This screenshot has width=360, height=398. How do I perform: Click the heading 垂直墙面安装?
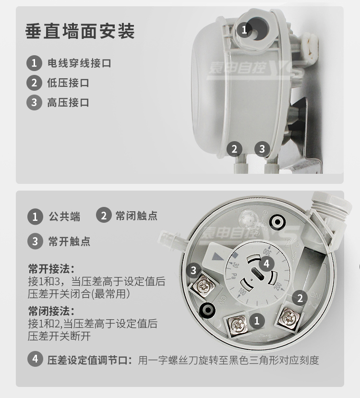coord(80,32)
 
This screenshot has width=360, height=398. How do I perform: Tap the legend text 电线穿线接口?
coord(79,63)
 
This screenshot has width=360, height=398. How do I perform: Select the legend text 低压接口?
coord(68,83)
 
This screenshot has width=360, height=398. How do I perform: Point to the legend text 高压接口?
coord(68,103)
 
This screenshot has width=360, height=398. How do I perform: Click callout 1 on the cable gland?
coord(244,30)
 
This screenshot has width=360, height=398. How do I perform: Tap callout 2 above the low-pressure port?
coord(234,149)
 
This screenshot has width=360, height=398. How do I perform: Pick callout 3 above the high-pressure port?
coord(263,149)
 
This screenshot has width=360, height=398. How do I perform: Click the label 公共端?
coord(64,217)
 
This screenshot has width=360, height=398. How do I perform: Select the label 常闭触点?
coord(136,216)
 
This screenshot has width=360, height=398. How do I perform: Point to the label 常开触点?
coord(69,241)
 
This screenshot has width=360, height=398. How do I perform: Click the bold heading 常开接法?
coord(51,269)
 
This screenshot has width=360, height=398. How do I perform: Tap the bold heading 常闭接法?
coord(51,311)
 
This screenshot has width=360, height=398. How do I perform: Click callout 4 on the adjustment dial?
coord(266,264)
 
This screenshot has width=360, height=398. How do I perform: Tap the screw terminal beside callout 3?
coord(204,286)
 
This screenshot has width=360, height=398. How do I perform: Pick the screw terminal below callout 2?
coord(289,317)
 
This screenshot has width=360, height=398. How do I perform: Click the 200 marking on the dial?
coord(277,287)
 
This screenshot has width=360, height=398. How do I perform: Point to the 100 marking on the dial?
coord(242,292)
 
